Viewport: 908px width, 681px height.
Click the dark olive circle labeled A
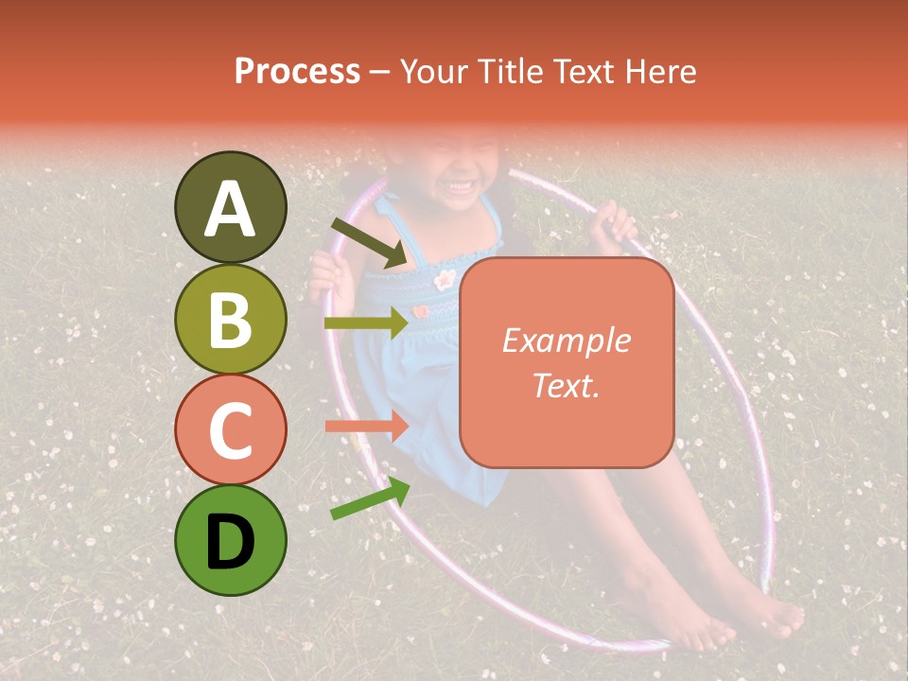click(x=230, y=207)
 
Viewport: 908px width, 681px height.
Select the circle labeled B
click(x=230, y=319)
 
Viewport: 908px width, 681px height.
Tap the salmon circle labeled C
click(x=230, y=429)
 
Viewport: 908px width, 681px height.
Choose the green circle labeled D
click(x=230, y=541)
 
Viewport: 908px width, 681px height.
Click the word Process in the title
click(x=297, y=72)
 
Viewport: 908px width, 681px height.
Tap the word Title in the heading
click(x=511, y=72)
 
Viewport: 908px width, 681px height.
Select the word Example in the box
click(x=566, y=340)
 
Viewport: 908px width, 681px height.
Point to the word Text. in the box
click(x=566, y=385)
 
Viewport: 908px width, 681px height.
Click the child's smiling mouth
click(x=463, y=183)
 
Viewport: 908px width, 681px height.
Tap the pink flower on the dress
click(x=445, y=279)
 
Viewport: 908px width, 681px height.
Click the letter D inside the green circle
click(x=230, y=542)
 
